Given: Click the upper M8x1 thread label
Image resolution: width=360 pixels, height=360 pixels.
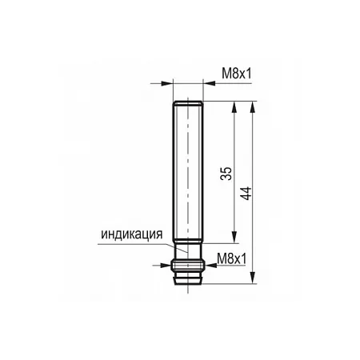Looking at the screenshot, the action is click(x=237, y=74).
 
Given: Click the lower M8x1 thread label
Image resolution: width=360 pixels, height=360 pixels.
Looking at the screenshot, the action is click(x=232, y=258).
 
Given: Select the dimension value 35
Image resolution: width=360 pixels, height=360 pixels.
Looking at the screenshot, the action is click(x=226, y=174).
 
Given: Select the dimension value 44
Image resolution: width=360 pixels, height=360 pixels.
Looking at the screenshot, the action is click(x=246, y=194).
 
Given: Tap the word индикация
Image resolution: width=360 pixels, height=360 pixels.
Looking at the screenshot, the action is click(x=132, y=234).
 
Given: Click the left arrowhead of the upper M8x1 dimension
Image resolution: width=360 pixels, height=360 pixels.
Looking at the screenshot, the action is click(x=167, y=83).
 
